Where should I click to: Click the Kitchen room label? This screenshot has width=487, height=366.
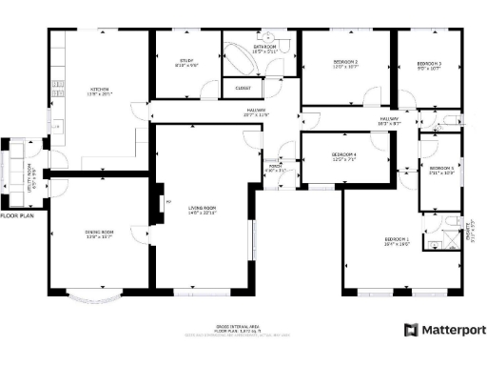click(100, 92)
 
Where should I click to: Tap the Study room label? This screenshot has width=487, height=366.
click(186, 64)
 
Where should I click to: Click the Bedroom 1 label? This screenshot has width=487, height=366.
click(397, 240)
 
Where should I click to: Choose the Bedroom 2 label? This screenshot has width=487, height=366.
click(344, 65)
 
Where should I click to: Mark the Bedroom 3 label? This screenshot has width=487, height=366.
click(430, 65)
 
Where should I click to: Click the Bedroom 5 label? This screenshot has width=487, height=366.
click(440, 170)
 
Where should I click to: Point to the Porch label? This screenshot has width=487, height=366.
click(275, 168)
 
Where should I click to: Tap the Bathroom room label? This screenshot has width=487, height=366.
click(264, 48)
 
